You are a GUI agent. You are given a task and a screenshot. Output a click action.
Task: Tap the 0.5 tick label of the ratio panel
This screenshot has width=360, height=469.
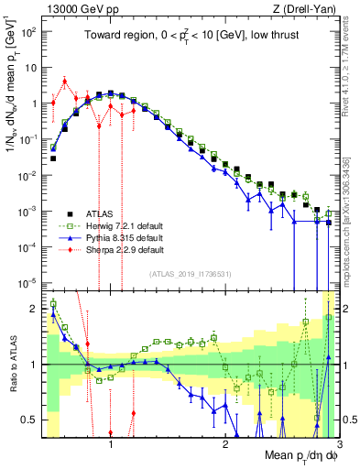[29, 420]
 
